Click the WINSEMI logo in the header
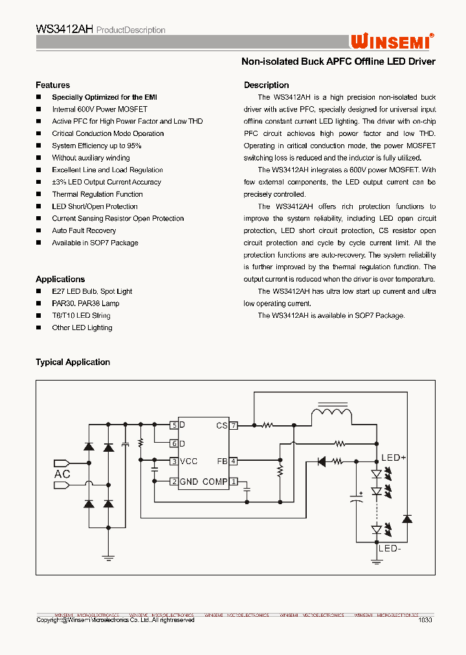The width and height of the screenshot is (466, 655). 392,41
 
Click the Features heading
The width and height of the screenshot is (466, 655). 52,85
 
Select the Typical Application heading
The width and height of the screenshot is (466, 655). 72,362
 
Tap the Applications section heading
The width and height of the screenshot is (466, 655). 60,279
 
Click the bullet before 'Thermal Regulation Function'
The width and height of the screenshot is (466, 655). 39,194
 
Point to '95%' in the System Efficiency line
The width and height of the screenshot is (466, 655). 134,146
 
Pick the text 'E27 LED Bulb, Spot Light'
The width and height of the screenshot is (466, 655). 92,291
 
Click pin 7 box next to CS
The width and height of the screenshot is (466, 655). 234,425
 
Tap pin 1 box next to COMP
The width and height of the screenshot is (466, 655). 234,482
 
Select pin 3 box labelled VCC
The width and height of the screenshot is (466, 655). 174,461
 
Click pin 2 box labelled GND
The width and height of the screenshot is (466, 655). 174,482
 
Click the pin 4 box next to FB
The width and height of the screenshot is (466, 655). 234,461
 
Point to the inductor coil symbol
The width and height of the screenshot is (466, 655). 331,414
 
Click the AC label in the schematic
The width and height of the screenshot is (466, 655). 62,474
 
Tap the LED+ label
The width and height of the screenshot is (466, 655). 393,458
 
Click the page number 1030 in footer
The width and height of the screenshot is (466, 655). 425,619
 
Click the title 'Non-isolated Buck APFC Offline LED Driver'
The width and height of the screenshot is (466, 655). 338,61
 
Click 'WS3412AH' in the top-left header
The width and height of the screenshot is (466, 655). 65,30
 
